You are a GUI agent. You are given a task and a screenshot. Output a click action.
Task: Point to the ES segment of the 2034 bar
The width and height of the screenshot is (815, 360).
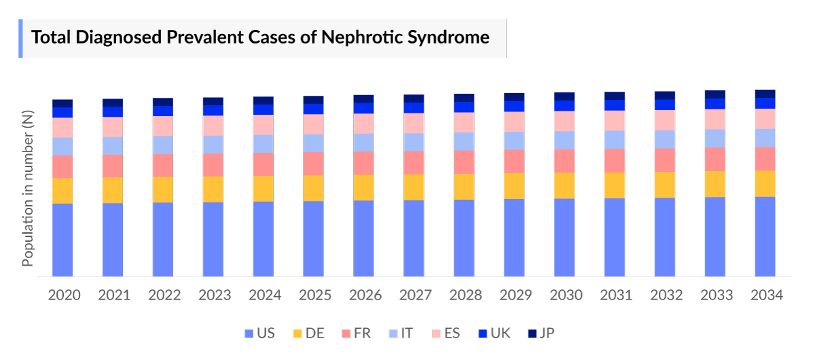tap(765, 118)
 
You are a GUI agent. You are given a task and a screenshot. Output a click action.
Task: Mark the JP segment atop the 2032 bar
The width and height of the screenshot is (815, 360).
tap(665, 95)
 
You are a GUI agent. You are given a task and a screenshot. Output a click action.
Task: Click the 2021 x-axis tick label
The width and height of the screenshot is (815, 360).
tap(114, 295)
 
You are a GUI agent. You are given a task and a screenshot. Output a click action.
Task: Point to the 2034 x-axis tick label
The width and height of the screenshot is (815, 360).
tap(767, 295)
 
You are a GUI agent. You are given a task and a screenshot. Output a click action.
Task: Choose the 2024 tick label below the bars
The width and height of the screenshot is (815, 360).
tap(265, 295)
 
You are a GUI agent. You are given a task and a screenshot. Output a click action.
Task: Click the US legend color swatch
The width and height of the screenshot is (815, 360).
tap(249, 334)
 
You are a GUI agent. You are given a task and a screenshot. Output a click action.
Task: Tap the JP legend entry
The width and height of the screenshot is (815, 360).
tap(540, 334)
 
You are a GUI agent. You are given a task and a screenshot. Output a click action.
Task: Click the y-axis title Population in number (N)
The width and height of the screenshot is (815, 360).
tap(28, 190)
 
